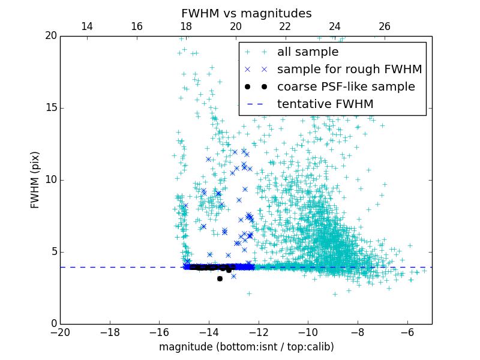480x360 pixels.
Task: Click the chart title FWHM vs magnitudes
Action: [246, 13]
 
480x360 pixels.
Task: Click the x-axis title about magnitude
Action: [246, 347]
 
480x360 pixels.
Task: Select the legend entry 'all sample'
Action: [308, 52]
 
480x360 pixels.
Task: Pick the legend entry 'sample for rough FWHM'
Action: [349, 70]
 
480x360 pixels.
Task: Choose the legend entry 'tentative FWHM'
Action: [325, 104]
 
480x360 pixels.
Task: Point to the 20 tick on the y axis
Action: [51, 36]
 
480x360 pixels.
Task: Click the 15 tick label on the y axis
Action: [51, 108]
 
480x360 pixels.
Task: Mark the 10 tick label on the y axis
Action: [51, 180]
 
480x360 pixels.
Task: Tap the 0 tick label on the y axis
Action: [53, 324]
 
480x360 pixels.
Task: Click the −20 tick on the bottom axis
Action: [60, 332]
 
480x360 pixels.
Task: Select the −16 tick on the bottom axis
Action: [159, 332]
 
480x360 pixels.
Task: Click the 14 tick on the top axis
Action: [86, 26]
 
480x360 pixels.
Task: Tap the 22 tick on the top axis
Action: [285, 26]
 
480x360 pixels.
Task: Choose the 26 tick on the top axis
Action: [385, 26]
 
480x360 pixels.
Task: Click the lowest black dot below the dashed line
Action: [220, 278]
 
